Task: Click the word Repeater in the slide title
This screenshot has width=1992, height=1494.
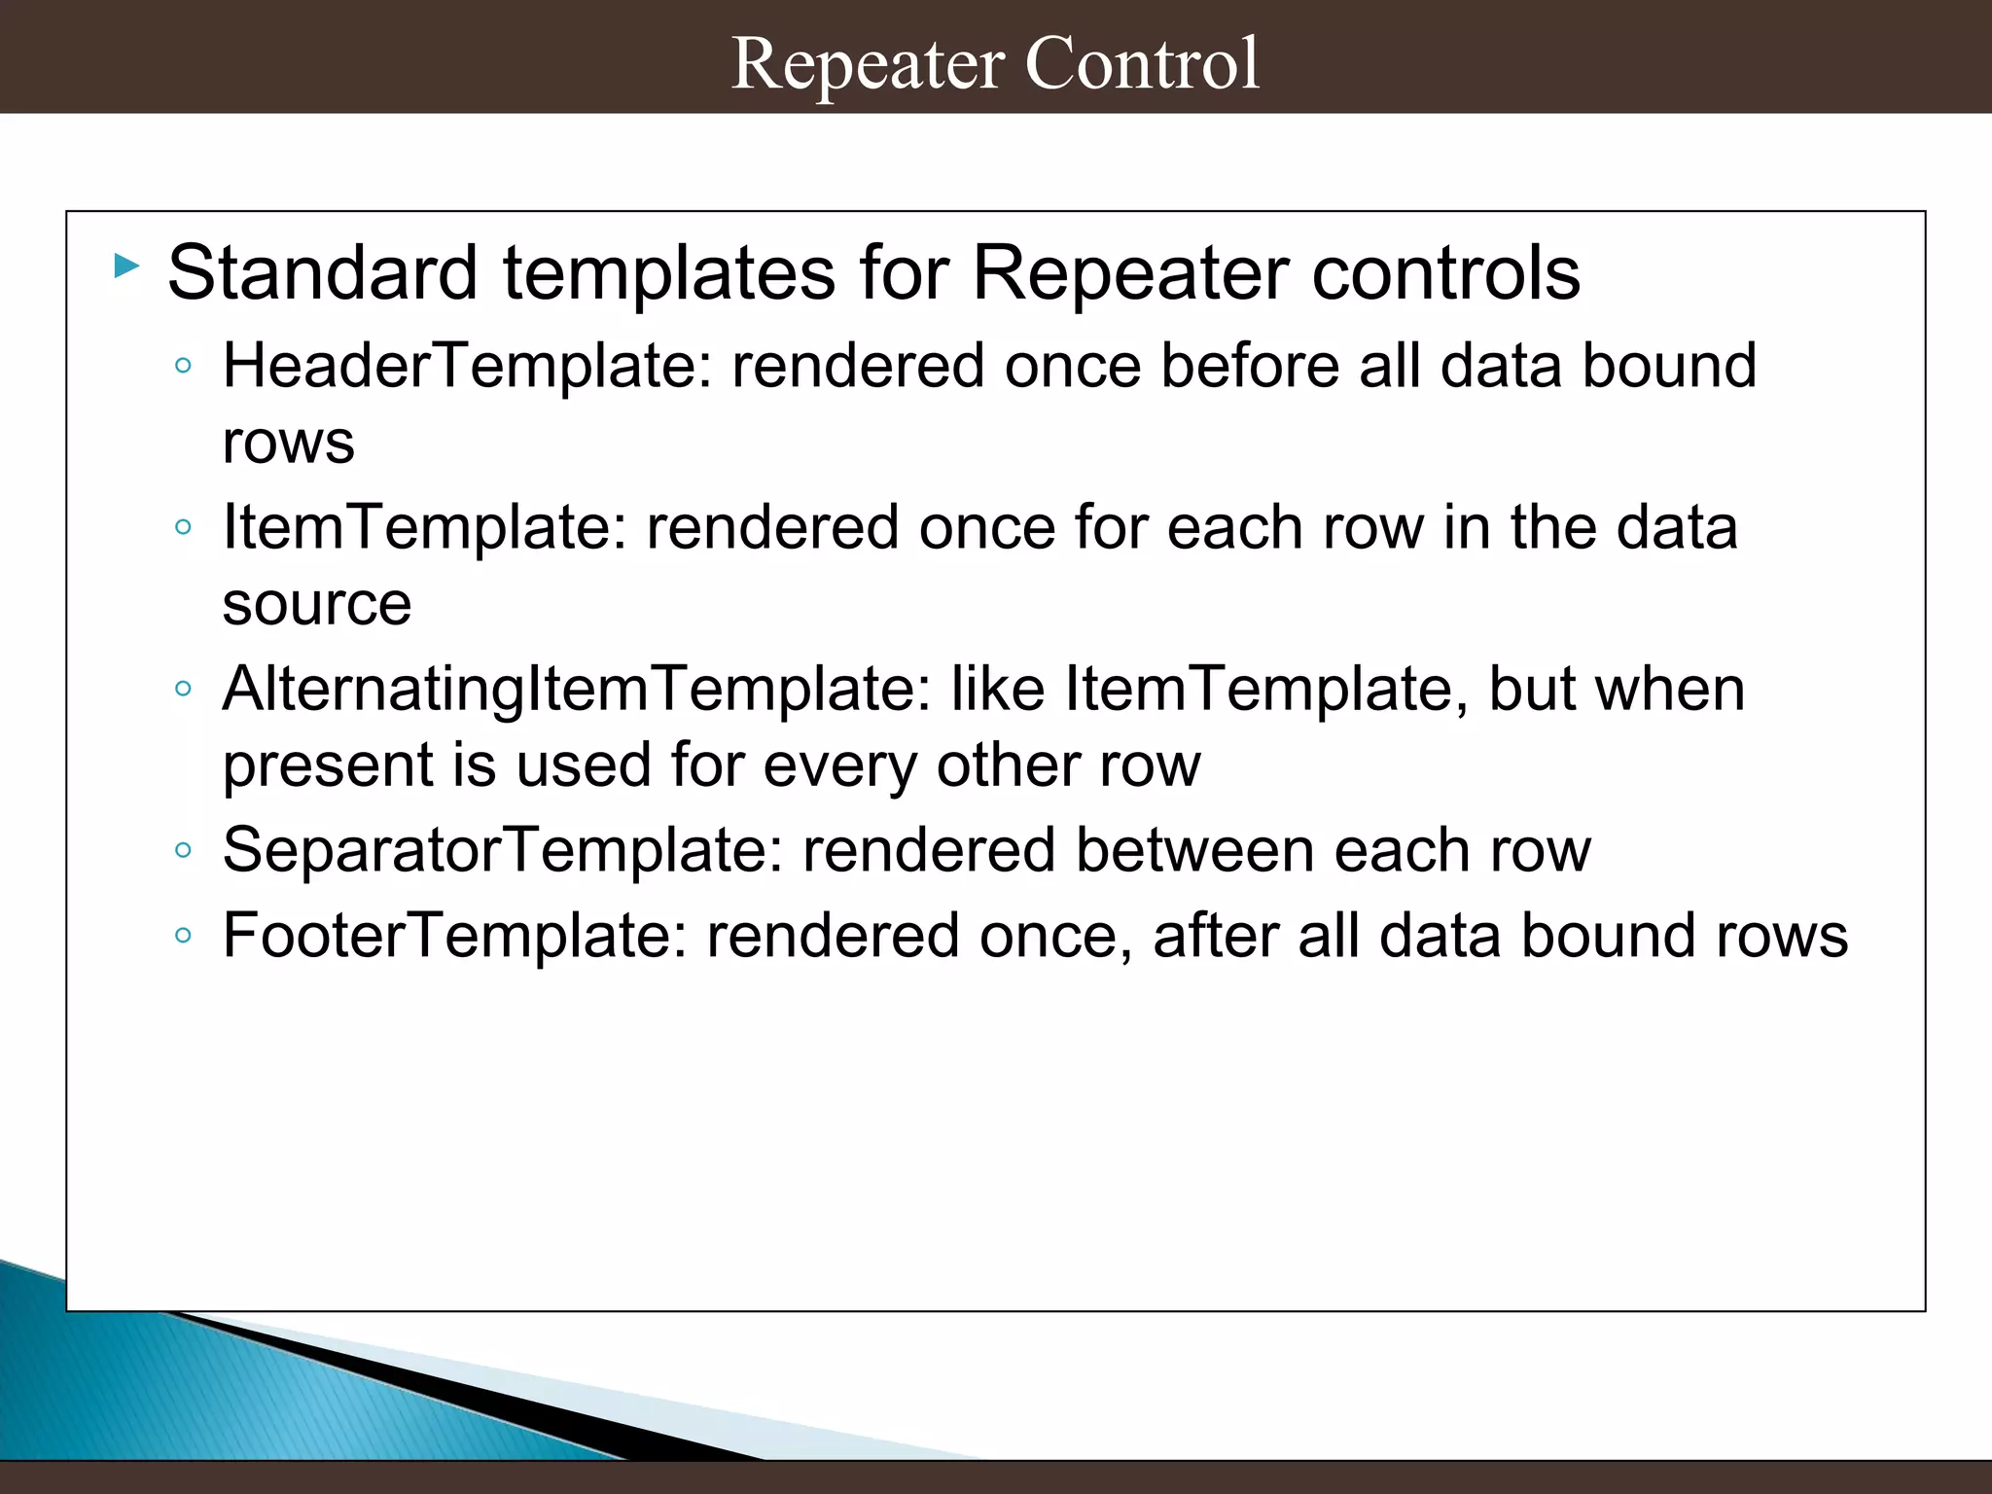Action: [868, 64]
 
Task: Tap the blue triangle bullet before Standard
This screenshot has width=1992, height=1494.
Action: [126, 266]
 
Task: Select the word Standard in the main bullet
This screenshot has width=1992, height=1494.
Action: [322, 273]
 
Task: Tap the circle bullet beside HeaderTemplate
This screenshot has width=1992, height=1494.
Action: [183, 367]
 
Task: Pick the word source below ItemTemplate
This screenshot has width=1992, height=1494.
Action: [317, 605]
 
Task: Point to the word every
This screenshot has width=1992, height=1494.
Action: [839, 766]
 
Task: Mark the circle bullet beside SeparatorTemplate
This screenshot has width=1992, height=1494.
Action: [183, 851]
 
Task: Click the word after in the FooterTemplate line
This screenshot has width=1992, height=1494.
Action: [1215, 937]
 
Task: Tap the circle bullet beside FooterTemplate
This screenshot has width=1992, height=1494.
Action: [183, 937]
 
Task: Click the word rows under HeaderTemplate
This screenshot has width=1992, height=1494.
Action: [288, 444]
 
